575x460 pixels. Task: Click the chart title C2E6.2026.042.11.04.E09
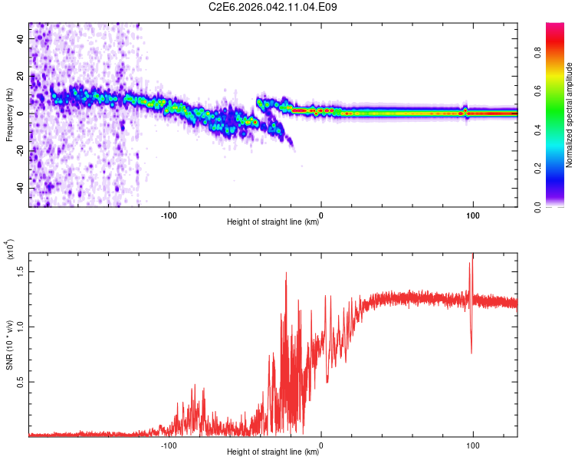[x=274, y=7]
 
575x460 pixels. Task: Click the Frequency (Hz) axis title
[x=9, y=114]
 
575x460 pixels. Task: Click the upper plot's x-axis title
[x=273, y=222]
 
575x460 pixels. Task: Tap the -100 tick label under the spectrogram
[x=169, y=213]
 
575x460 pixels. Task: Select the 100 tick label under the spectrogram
[x=473, y=213]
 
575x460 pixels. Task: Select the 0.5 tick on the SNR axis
[x=20, y=382]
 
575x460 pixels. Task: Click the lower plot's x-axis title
[x=273, y=452]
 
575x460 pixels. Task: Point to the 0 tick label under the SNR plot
[x=320, y=443]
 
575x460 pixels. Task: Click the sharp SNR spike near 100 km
[x=472, y=264]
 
